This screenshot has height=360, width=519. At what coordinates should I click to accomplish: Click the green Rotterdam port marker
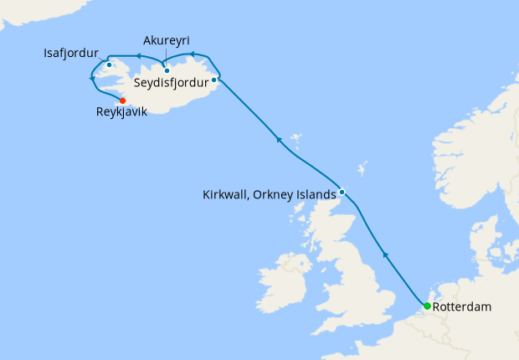tap(428, 306)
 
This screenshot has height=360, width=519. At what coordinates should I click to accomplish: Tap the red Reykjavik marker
tap(123, 100)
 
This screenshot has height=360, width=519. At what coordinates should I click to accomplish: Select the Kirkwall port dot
tap(342, 193)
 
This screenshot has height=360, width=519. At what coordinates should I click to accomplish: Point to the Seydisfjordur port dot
tap(214, 80)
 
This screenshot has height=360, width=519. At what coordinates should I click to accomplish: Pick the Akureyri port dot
tap(167, 70)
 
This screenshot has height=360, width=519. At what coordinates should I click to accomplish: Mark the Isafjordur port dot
tap(110, 64)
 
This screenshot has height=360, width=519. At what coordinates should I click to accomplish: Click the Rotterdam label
tap(462, 307)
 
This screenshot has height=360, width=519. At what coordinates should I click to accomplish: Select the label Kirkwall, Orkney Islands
tap(269, 195)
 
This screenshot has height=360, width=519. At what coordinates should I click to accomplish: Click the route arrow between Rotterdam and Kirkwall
tap(385, 252)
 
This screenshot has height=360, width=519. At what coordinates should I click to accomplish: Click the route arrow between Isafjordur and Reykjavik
tap(91, 79)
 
